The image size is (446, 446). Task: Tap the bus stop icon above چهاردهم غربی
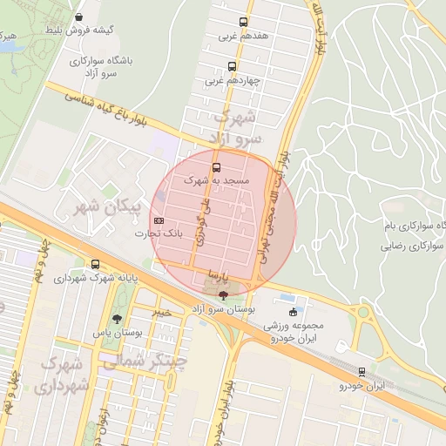(x=232, y=66)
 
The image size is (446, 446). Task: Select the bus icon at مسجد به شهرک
(x=216, y=166)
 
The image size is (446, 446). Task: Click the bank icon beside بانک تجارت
(x=159, y=220)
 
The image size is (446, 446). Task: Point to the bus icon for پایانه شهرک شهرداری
(x=95, y=265)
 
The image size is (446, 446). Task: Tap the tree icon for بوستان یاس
(x=118, y=319)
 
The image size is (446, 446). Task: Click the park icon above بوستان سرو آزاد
(x=224, y=296)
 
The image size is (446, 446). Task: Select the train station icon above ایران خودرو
(x=361, y=372)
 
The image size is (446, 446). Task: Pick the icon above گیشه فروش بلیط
(x=79, y=17)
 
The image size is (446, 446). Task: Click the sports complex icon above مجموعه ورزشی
(x=293, y=312)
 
